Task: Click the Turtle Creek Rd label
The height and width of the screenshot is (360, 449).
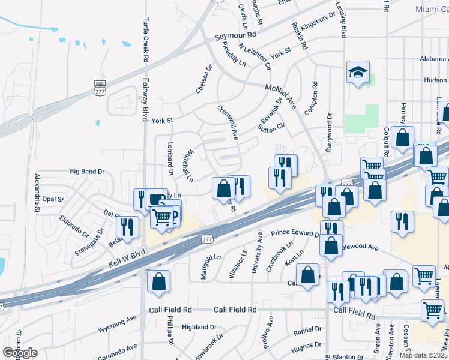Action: point(145,40)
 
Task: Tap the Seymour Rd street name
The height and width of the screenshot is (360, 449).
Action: point(240,37)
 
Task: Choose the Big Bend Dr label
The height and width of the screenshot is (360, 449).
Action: point(87,172)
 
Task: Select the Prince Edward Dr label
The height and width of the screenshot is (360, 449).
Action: point(295,233)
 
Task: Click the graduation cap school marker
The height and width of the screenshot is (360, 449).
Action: point(358,73)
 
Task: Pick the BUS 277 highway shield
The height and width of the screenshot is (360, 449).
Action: point(100,88)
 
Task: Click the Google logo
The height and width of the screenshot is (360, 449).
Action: point(20,353)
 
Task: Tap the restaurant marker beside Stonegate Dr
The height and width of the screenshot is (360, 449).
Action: point(127,226)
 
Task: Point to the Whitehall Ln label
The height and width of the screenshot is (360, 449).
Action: point(189,166)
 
